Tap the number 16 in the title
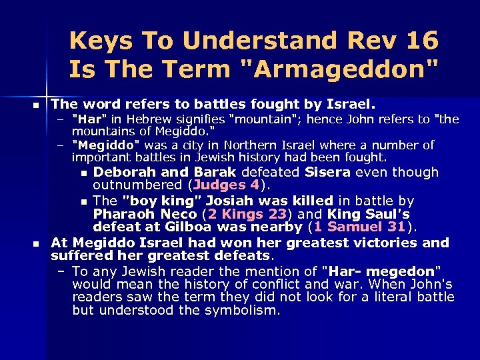pos(421,41)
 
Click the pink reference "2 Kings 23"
pos(249,215)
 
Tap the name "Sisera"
pos(328,173)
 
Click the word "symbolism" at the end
pos(246,311)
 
